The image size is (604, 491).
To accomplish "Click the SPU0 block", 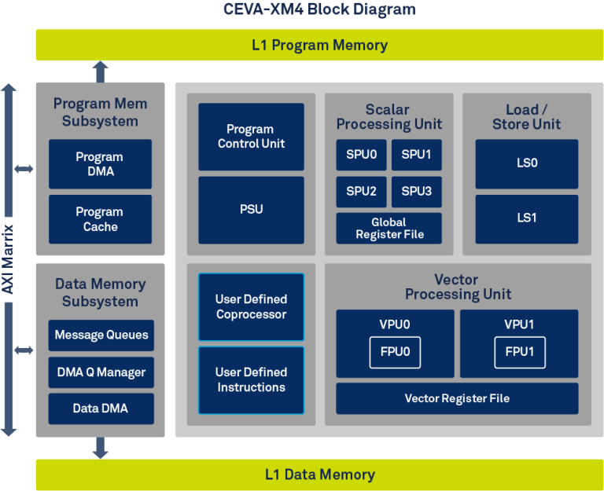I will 361,155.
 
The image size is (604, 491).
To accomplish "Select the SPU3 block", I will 416,191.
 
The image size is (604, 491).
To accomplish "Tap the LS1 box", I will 526,218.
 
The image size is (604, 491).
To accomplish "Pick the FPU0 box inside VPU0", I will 395,352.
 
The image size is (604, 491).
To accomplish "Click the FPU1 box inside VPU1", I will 519,352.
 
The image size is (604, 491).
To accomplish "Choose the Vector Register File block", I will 457,398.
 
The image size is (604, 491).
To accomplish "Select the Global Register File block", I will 389,228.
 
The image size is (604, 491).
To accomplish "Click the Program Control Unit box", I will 251,137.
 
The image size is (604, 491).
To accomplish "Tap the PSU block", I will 251,210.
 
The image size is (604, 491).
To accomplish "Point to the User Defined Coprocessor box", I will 251,307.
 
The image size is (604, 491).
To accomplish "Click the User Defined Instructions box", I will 251,380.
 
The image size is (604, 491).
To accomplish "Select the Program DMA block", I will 100,164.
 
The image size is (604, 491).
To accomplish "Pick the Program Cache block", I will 100,219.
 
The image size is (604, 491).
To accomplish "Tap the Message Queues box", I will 101,335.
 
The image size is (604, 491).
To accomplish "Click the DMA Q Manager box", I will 101,372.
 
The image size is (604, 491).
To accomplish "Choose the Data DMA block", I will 101,408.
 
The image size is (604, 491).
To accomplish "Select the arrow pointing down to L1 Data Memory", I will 100,448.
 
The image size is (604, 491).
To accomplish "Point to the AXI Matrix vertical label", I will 9,259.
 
